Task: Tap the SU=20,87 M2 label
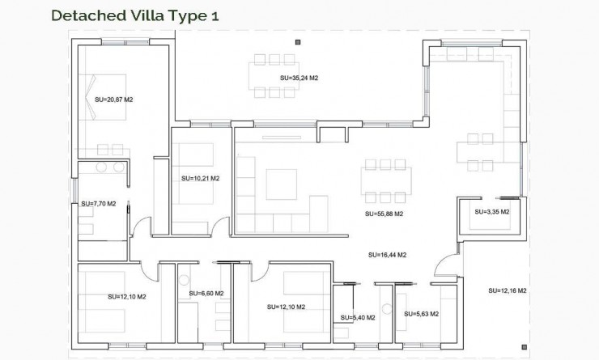tap(113, 99)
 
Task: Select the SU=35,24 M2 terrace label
tap(299, 78)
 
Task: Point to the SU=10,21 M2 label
tap(200, 178)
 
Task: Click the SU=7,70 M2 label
tap(93, 204)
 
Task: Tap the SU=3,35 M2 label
tap(491, 212)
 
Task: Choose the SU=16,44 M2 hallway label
tap(387, 255)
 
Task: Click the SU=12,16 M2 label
tap(508, 290)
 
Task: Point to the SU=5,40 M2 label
tap(357, 318)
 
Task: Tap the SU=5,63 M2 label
tap(421, 314)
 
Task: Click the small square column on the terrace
tap(298, 41)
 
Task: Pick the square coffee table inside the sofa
tap(282, 182)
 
